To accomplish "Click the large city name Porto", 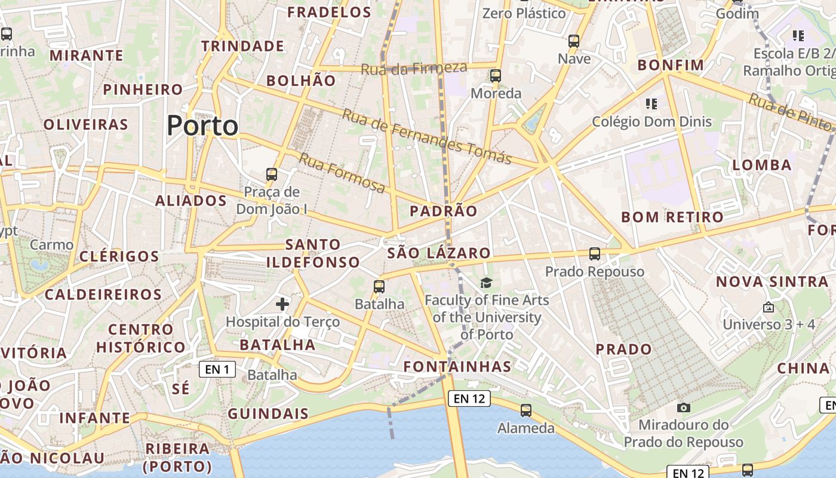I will click(x=202, y=125).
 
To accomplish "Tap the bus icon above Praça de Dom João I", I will click(x=272, y=174).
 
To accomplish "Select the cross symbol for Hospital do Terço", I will click(x=282, y=304).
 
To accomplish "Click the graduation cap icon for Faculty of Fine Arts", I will click(x=487, y=283).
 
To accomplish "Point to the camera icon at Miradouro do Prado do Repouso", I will click(x=684, y=407).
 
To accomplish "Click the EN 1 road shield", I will click(x=217, y=369).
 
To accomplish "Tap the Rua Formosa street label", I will click(x=342, y=173).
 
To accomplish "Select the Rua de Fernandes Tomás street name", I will click(x=426, y=136).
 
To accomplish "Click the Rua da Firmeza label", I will click(x=413, y=68).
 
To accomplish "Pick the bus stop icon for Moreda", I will click(x=496, y=76).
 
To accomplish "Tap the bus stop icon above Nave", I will click(x=574, y=41).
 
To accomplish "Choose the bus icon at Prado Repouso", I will click(x=595, y=254).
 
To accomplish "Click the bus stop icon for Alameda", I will click(x=526, y=410).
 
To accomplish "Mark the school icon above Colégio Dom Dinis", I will click(x=651, y=104).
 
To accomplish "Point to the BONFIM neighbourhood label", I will click(x=671, y=65).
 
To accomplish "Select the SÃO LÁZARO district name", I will click(x=439, y=253).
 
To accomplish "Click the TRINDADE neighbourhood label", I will click(x=242, y=46).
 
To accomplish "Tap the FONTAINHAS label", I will click(x=457, y=366).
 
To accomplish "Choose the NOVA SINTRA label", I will click(x=772, y=281).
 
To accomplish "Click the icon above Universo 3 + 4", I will click(x=769, y=308).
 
